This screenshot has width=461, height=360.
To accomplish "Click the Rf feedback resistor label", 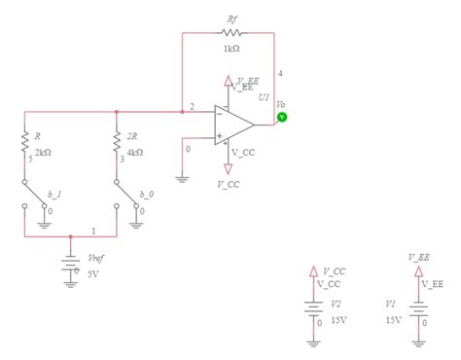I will tap(231, 18).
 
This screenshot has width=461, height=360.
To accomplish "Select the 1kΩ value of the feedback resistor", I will tap(231, 49).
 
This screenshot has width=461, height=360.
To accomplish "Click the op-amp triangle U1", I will tap(234, 124).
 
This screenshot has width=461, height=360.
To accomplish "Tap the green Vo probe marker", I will tap(282, 117).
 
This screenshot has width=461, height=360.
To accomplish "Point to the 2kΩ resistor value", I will tap(43, 154).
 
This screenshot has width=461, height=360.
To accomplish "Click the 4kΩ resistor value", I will tap(134, 154).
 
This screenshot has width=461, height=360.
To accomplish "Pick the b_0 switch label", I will tap(147, 195).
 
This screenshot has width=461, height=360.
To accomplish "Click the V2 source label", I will tap(337, 305).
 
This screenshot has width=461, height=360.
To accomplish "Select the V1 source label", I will tap(391, 305).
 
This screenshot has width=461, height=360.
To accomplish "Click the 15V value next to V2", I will tap(338, 318).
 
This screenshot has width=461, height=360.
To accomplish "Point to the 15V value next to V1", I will tap(393, 318).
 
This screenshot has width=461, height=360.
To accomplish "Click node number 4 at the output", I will tap(280, 73).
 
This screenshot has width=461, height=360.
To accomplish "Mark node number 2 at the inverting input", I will tap(192, 105).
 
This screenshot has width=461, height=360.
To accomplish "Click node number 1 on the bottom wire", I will tap(93, 231).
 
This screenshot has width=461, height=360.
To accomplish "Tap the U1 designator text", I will tap(263, 99).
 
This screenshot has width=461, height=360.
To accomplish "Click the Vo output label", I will tap(280, 104).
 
